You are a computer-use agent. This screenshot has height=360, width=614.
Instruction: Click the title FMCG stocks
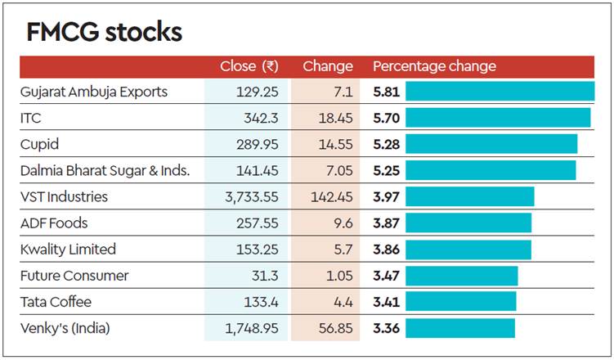[x=104, y=32]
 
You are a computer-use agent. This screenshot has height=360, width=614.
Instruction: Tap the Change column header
[x=328, y=66]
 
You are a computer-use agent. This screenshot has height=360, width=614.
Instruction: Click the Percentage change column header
[x=434, y=66]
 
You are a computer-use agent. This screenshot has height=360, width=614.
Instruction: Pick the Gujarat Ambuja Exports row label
[x=94, y=92]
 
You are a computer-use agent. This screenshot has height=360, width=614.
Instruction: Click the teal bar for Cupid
[x=491, y=144]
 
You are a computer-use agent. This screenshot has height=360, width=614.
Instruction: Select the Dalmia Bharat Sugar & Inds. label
[x=105, y=170]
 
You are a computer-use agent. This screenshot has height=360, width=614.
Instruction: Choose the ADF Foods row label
[x=54, y=223]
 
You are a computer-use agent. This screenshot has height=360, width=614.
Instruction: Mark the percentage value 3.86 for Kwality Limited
[x=386, y=250]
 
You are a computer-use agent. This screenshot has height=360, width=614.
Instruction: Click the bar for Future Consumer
[x=461, y=276]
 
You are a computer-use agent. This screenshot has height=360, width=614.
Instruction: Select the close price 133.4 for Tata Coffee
[x=261, y=302]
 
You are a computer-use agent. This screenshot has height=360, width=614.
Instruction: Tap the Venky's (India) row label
[x=65, y=328]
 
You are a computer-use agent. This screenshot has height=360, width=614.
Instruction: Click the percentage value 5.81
[x=386, y=92]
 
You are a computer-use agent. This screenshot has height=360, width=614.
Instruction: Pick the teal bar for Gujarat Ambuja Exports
[x=500, y=92]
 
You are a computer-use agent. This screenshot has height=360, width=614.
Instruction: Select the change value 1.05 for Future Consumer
[x=338, y=276]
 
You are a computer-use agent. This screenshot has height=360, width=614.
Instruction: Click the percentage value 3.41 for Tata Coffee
[x=386, y=302]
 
